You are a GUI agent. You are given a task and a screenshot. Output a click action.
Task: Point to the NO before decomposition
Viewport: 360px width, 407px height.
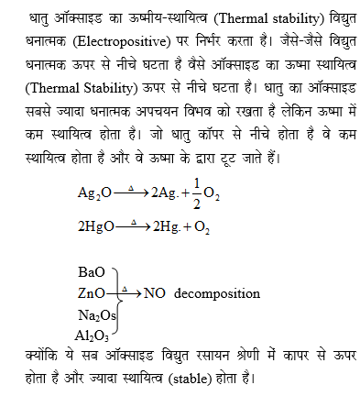click(153, 293)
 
